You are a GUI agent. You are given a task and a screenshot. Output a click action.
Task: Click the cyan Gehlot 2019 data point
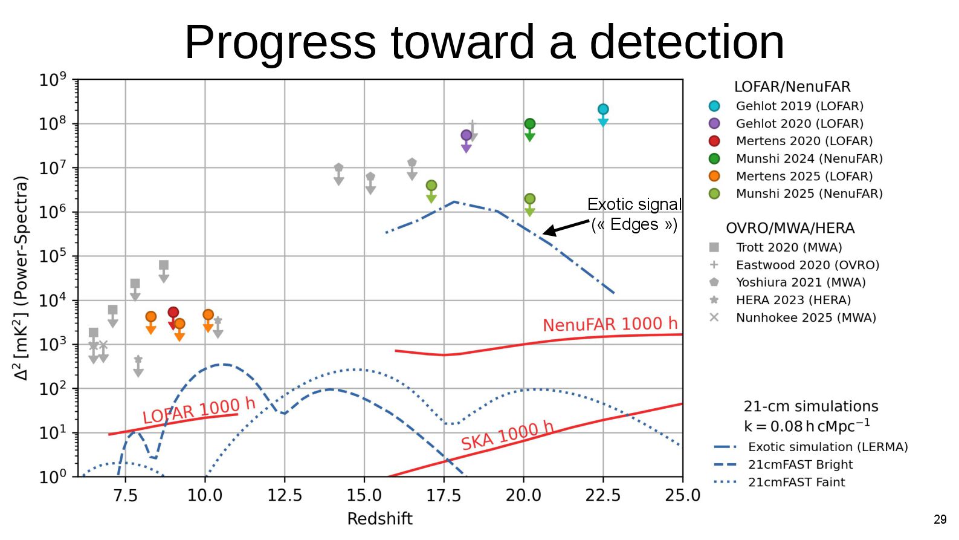pos(602,109)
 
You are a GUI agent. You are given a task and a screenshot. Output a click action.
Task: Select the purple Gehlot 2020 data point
pos(466,135)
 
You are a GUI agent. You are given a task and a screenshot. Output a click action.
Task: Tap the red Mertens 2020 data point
pos(173,313)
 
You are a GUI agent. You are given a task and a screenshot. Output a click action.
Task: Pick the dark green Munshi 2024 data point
pos(529,124)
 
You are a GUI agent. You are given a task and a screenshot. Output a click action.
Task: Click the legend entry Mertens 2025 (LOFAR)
pos(804,176)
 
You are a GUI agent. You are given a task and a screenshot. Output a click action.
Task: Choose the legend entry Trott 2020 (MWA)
pos(789,247)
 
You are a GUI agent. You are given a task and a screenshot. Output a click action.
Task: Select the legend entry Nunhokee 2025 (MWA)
pos(806,317)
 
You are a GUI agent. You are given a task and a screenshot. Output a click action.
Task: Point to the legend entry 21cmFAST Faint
pos(796,482)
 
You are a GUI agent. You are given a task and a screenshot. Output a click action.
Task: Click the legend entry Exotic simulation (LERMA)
pos(827,447)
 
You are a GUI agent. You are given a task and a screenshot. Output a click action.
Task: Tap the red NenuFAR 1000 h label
pos(610,324)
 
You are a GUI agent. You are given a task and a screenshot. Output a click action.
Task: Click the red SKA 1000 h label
pos(507,435)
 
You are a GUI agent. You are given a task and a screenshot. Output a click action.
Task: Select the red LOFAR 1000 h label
pos(199,411)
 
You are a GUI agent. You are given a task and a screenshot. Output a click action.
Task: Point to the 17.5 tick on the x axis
pos(444,496)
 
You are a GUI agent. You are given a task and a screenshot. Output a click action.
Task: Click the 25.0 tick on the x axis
pos(682,496)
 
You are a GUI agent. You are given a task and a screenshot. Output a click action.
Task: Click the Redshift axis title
pos(379,519)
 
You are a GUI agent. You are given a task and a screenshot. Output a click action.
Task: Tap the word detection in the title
pos(686,42)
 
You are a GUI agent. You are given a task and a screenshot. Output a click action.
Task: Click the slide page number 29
pos(940,519)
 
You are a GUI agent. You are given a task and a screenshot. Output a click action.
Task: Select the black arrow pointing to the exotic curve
pos(566,227)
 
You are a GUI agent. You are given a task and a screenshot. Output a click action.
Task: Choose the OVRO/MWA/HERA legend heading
pos(790,228)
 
